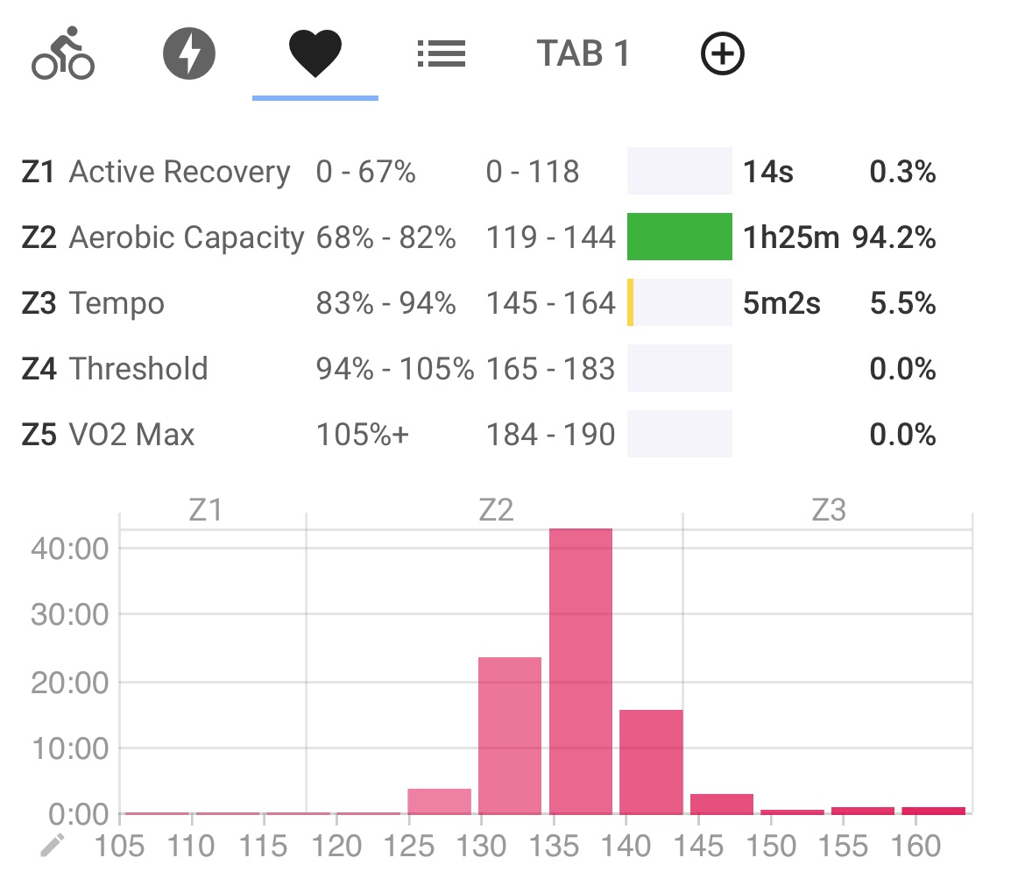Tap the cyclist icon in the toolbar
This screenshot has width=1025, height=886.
point(62,55)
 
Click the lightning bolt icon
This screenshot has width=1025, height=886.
point(189,54)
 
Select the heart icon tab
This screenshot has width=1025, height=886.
point(315,54)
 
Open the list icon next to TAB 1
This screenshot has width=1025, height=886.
point(441,55)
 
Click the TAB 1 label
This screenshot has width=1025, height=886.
point(583,54)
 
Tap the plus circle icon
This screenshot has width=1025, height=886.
point(723,55)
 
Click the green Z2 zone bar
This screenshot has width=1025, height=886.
point(679,237)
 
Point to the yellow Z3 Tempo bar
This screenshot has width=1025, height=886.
point(631,303)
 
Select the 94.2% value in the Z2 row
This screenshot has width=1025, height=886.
point(894,237)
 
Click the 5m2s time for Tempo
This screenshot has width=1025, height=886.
point(781,304)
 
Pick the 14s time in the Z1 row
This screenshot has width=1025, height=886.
point(768,172)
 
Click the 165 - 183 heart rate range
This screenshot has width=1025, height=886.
point(550,369)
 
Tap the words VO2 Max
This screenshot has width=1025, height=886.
point(131,435)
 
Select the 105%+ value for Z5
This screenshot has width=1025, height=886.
point(362,435)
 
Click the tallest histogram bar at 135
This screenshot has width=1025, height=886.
point(581,671)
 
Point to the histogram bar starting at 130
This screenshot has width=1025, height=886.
point(509,735)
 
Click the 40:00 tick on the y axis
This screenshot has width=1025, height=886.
point(69,549)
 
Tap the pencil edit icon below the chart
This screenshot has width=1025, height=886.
point(53,846)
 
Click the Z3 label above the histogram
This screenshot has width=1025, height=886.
point(828,510)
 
